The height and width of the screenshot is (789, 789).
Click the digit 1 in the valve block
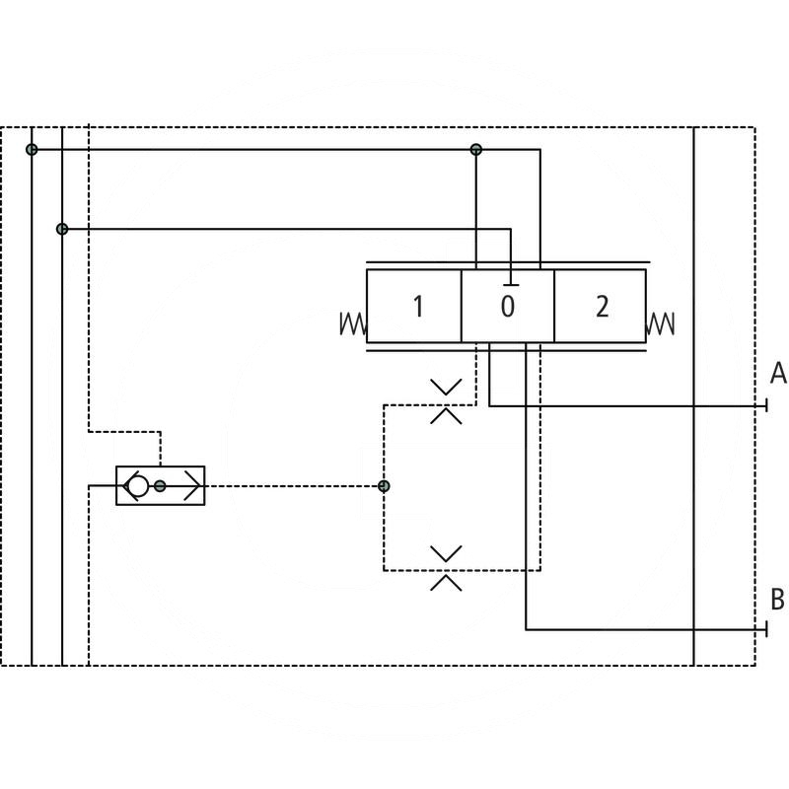(x=417, y=307)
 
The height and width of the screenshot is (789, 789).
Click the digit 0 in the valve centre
(x=507, y=307)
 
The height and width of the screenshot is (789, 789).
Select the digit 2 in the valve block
(x=602, y=307)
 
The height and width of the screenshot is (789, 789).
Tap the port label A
(x=778, y=374)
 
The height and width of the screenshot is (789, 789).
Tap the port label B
(x=778, y=599)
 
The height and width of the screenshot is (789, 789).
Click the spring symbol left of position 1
(x=352, y=323)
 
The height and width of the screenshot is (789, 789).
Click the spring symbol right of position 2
(x=662, y=323)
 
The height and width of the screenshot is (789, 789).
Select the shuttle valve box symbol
(x=161, y=485)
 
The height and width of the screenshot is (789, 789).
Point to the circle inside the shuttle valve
(x=137, y=485)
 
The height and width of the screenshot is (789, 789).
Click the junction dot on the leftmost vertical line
(x=32, y=149)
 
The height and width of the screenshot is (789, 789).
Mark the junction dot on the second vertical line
(x=62, y=229)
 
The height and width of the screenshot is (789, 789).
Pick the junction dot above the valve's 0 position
(x=476, y=149)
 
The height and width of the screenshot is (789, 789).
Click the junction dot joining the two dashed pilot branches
(x=384, y=485)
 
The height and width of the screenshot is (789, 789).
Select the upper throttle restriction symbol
(x=446, y=400)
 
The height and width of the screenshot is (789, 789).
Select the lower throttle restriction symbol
(x=446, y=567)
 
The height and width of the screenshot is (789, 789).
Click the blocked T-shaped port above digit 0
(x=511, y=256)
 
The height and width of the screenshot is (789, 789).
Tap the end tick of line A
(x=766, y=405)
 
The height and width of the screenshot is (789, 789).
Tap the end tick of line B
(x=766, y=629)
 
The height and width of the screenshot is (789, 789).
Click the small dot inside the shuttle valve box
(x=160, y=485)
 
